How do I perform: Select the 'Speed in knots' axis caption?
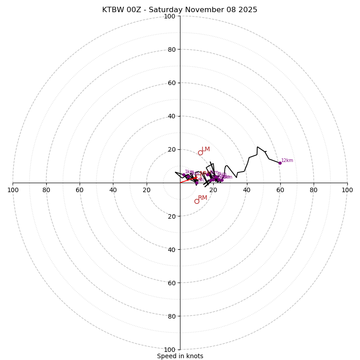click(180, 356)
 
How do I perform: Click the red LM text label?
click(206, 149)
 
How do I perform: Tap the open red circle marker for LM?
click(200, 153)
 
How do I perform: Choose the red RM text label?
click(202, 198)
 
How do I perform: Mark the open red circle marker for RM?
click(197, 201)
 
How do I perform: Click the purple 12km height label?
click(287, 161)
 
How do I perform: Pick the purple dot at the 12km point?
click(280, 163)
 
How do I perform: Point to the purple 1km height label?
click(189, 171)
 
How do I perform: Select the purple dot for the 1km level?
click(184, 175)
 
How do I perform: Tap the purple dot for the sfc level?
click(197, 183)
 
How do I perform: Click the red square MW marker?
click(198, 177)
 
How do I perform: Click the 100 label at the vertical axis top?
click(170, 16)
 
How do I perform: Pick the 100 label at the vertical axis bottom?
click(170, 350)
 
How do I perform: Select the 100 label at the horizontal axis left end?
click(13, 190)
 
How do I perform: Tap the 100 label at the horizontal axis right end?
click(347, 190)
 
